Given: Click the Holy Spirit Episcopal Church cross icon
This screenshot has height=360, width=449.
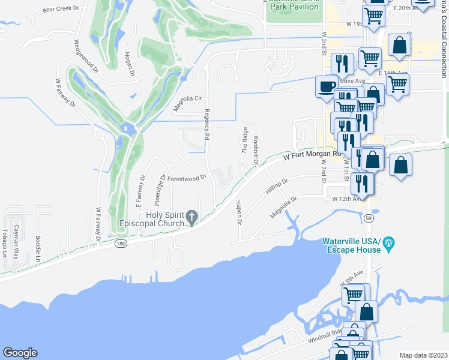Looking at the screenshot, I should click(191, 217).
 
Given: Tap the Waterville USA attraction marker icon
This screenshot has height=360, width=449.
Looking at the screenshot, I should click(388, 242).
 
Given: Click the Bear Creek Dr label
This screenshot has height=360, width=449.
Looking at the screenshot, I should click(61, 9).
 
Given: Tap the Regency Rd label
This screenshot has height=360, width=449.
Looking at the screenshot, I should click(206, 125).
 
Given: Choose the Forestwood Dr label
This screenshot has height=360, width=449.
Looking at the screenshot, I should click(187, 178).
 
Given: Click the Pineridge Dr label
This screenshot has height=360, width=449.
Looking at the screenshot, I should click(161, 189).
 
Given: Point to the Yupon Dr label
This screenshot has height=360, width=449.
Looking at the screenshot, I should click(239, 213).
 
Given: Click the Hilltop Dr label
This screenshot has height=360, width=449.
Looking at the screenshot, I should click(277, 187).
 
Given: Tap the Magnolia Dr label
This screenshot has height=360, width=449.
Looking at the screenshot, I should click(284, 208).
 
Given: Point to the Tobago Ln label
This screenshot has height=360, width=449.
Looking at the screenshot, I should click(4, 242).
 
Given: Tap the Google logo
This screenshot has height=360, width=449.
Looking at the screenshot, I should click(20, 353).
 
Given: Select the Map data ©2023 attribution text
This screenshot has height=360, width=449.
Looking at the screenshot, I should click(423, 355).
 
